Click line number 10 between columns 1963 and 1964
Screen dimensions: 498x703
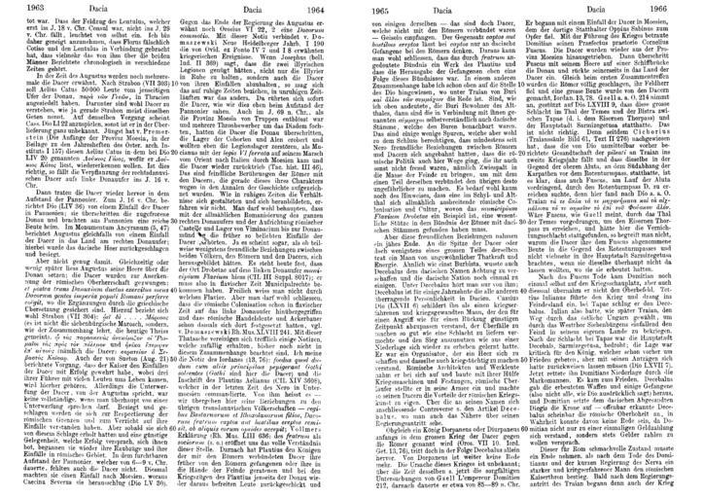176,91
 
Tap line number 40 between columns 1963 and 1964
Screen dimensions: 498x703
176,307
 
